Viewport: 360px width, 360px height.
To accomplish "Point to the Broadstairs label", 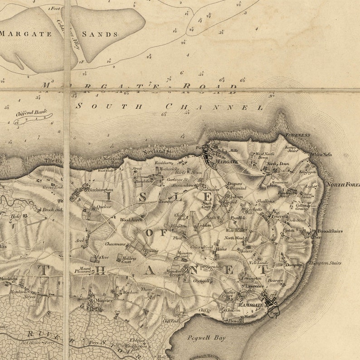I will tap(330, 231).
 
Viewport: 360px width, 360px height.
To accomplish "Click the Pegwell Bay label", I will tap(202, 337).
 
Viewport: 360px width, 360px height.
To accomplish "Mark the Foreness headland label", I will tap(298, 135).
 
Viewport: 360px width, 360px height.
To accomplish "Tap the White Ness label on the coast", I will tap(321, 154).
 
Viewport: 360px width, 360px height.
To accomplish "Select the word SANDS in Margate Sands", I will tap(100, 34).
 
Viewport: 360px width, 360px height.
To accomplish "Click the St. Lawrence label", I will tap(252, 286).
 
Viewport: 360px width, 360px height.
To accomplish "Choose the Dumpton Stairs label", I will tap(325, 263).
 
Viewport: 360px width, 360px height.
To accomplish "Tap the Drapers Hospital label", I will tap(236, 186).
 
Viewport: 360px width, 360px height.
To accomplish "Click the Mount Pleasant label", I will tap(83, 270).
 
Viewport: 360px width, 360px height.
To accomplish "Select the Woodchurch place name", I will tap(131, 220).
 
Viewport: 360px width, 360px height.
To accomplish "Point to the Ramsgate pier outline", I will tap(273, 312).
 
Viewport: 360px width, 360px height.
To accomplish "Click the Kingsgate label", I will tap(308, 172).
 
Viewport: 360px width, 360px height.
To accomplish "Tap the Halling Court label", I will tap(130, 259).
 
